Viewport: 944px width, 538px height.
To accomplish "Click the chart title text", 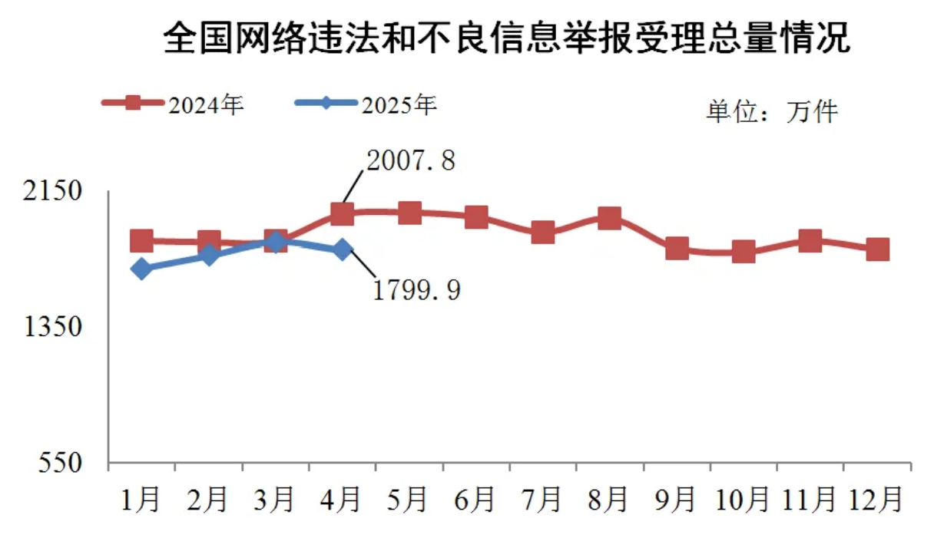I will tap(508, 37).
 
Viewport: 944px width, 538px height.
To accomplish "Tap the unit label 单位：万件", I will tap(771, 112).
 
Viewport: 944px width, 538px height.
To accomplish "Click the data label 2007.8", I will tap(411, 160).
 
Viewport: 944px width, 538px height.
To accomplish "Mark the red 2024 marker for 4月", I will tap(342, 213).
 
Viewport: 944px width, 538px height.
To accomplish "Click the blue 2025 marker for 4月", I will tap(343, 249).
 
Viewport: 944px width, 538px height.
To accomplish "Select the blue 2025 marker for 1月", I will tap(141, 269).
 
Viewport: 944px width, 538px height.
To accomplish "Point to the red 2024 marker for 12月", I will tap(877, 249).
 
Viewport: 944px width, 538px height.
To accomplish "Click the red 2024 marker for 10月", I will tap(744, 252).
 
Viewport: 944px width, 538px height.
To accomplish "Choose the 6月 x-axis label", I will tap(475, 500).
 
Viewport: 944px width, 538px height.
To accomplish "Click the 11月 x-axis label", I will tap(808, 500).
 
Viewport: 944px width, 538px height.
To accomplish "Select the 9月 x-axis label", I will tap(675, 500).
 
